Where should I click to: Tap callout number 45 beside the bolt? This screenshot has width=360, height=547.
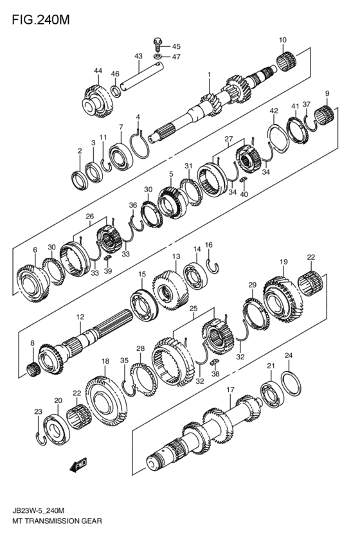[176, 46]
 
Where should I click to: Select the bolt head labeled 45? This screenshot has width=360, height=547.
[157, 44]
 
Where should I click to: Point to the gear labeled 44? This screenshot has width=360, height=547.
[94, 98]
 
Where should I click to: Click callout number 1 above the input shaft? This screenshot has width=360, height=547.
[209, 75]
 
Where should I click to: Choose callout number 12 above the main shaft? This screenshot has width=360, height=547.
[80, 317]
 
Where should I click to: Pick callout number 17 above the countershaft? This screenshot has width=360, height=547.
[230, 390]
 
